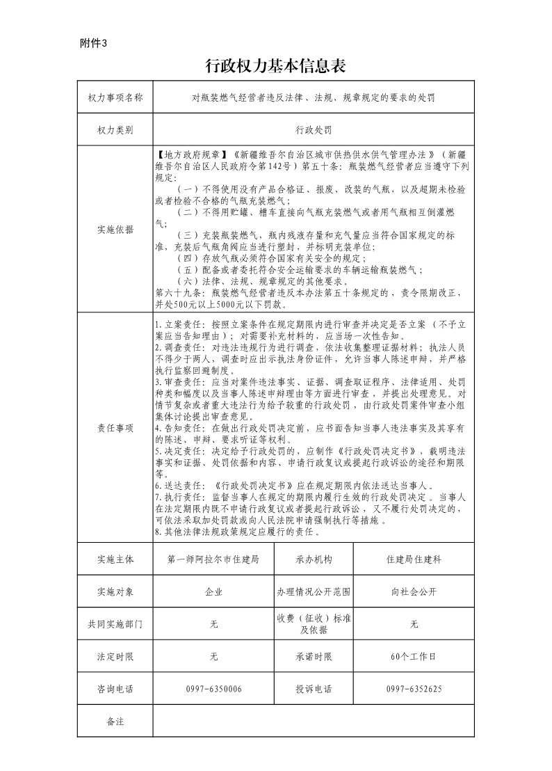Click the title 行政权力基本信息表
276,66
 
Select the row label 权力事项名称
115,97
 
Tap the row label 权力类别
115,129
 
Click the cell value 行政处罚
314,129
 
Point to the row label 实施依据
115,229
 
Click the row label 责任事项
115,428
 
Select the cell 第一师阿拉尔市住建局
213,559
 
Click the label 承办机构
314,559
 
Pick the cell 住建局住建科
414,559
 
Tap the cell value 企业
213,592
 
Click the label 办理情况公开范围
314,592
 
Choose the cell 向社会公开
414,592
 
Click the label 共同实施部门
115,624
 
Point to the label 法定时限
115,656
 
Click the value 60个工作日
414,656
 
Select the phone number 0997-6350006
213,689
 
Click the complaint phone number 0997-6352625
414,689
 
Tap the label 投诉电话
314,689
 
